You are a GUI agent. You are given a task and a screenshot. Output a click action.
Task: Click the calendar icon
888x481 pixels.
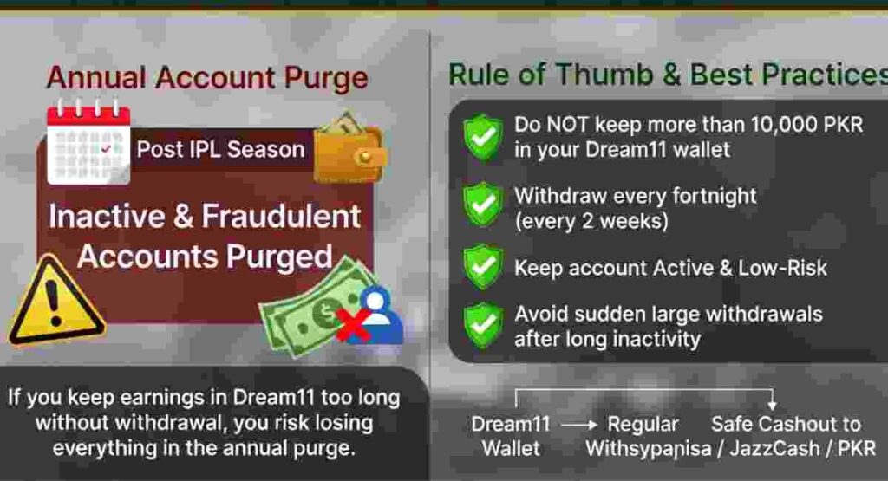click(88, 143)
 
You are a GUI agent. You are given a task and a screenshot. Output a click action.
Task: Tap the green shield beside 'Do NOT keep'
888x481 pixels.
click(483, 136)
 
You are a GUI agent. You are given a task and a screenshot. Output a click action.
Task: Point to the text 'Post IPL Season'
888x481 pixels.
click(220, 149)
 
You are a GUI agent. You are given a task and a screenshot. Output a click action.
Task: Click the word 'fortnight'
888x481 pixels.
click(703, 196)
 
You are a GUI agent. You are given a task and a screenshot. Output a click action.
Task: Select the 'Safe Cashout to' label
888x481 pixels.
click(786, 424)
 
